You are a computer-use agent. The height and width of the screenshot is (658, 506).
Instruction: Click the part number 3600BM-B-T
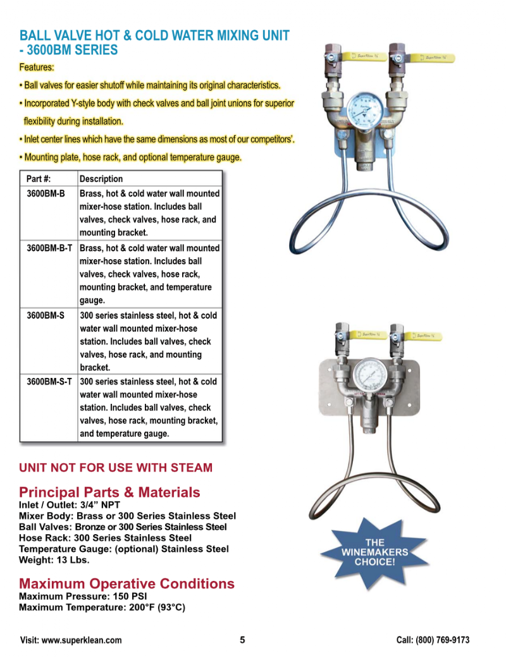[x=49, y=248]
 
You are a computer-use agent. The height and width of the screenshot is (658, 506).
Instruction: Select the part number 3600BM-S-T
[x=49, y=381]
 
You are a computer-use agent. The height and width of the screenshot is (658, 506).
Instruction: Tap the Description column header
[x=101, y=179]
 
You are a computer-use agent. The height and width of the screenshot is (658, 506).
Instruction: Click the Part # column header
[x=39, y=179]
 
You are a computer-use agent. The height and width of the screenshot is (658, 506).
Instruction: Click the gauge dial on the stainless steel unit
[x=370, y=375]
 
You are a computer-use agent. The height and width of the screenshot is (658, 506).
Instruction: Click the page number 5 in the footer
[x=242, y=640]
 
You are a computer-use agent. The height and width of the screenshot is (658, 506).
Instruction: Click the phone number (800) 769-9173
[x=443, y=640]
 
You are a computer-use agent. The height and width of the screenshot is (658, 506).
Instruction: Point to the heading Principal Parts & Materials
[x=109, y=492]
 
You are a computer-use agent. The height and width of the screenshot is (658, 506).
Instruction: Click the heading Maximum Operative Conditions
[x=126, y=583]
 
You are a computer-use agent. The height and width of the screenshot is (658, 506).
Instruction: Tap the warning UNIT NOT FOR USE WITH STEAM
[x=116, y=468]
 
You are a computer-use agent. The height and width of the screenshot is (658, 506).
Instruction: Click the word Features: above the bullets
[x=37, y=67]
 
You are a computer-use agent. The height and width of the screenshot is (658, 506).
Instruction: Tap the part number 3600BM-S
[x=46, y=315]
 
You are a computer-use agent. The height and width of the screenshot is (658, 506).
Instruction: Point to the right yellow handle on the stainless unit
[x=427, y=336]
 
